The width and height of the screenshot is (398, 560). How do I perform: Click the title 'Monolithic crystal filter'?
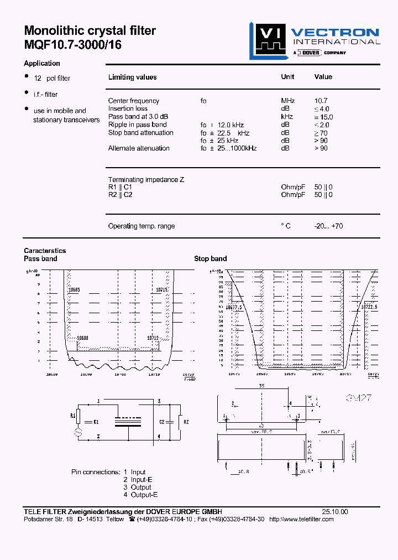[90, 31]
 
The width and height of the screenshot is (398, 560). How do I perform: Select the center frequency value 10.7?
[321, 101]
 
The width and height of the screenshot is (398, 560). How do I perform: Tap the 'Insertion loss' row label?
[128, 108]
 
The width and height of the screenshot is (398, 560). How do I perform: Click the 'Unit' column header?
[287, 77]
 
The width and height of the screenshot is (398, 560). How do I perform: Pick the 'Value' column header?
[323, 77]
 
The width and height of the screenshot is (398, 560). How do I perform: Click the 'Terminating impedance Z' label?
[146, 180]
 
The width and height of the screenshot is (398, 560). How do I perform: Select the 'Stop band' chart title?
[210, 258]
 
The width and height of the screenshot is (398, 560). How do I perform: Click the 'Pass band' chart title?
[40, 258]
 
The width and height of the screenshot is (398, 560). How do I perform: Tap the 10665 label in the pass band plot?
[74, 290]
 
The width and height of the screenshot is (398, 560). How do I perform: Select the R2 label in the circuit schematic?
[186, 422]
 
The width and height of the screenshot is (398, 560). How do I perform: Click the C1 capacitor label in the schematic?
[96, 422]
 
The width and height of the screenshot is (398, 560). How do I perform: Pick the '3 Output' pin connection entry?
[137, 487]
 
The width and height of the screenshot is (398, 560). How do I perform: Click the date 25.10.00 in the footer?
[335, 512]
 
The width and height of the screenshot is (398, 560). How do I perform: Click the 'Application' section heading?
[42, 63]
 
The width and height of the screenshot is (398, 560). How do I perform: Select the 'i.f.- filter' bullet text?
[45, 95]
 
